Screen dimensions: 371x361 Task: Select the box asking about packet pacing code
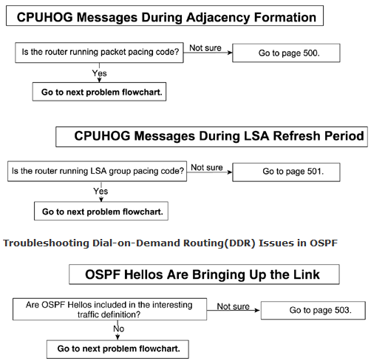pyautogui.click(x=99, y=53)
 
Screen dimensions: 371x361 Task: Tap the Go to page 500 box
pyautogui.click(x=286, y=53)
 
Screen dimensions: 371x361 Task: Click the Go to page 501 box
pyautogui.click(x=286, y=172)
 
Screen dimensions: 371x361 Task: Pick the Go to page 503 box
pyautogui.click(x=313, y=310)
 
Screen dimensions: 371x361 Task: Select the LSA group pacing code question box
pyautogui.click(x=97, y=172)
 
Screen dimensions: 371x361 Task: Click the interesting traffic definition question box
pyautogui.click(x=109, y=309)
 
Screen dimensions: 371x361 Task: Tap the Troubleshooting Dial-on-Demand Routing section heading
pyautogui.click(x=170, y=243)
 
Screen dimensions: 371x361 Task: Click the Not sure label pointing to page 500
pyautogui.click(x=205, y=48)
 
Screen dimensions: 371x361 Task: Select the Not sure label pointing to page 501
pyautogui.click(x=207, y=167)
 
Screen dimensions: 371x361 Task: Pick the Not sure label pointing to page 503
pyautogui.click(x=233, y=306)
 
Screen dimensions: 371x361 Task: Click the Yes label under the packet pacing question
pyautogui.click(x=99, y=73)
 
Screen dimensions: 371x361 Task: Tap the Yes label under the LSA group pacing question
pyautogui.click(x=101, y=191)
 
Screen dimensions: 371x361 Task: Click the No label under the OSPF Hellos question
pyautogui.click(x=118, y=328)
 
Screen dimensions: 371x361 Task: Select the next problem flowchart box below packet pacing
pyautogui.click(x=99, y=92)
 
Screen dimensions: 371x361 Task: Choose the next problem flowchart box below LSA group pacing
pyautogui.click(x=101, y=211)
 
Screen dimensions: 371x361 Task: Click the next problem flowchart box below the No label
pyautogui.click(x=118, y=349)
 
